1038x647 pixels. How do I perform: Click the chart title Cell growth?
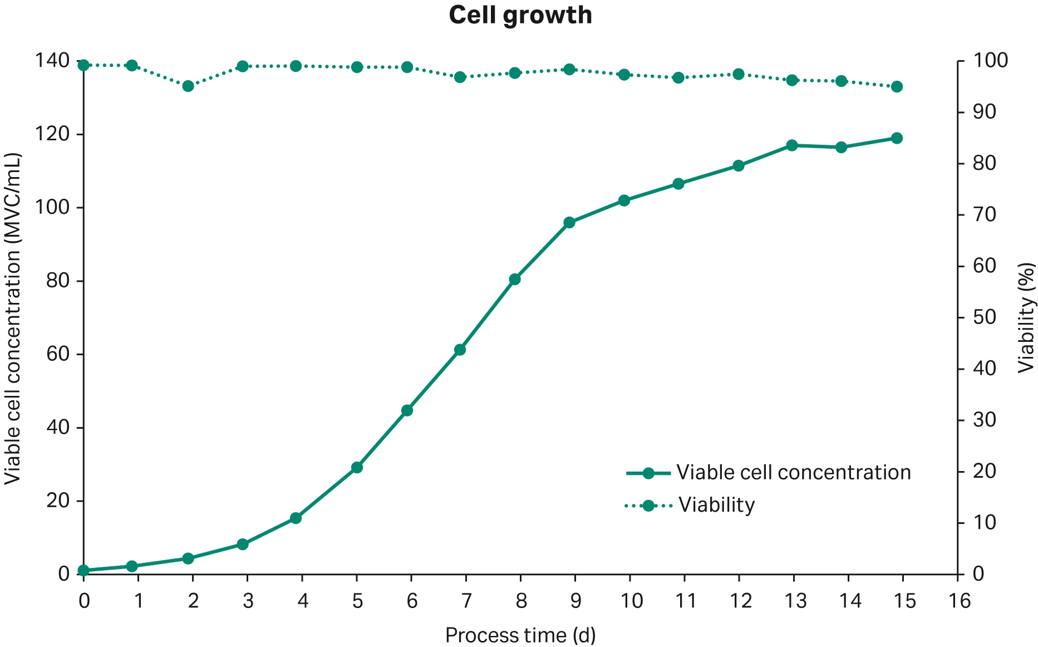click(520, 15)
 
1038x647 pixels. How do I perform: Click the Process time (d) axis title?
click(520, 635)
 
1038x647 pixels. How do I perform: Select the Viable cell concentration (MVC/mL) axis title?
click(12, 318)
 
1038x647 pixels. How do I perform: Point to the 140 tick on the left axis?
click(52, 60)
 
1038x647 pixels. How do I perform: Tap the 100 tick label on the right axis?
click(990, 60)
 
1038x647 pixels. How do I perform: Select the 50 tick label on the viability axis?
click(985, 317)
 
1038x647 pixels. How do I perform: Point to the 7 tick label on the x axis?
click(466, 601)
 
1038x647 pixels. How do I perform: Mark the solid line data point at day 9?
click(569, 222)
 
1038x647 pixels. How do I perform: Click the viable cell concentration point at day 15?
click(897, 138)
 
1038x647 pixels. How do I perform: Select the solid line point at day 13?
click(792, 145)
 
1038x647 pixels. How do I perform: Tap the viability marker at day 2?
click(188, 86)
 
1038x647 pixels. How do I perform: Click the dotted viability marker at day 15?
click(897, 86)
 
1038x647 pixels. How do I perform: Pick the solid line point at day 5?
click(357, 467)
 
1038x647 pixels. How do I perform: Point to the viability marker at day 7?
click(460, 77)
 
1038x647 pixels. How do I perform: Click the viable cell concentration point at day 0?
click(83, 570)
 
